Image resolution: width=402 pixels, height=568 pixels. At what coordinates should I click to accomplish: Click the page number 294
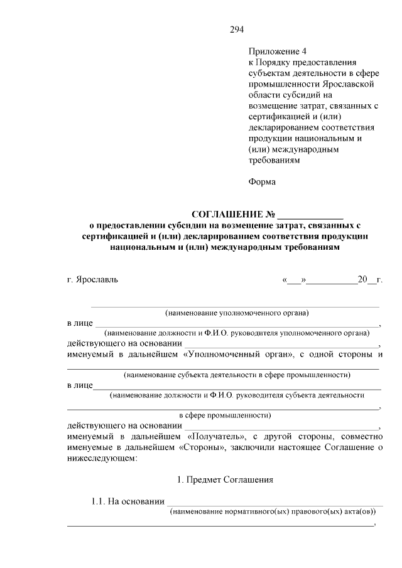(237, 29)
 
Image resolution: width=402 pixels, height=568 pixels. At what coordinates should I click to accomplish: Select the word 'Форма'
(262, 182)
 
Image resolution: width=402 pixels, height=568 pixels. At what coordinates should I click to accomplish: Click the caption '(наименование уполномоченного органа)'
(237, 313)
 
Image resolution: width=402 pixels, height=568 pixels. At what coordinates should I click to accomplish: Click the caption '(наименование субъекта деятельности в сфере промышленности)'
(237, 375)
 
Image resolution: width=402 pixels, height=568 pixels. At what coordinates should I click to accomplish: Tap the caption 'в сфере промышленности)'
(225, 415)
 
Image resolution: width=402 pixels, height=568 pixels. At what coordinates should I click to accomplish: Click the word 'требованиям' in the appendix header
(274, 160)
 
